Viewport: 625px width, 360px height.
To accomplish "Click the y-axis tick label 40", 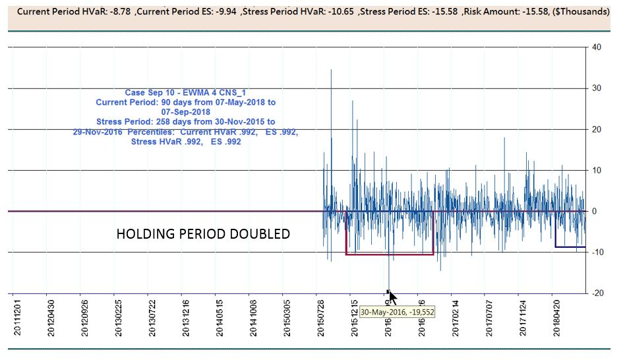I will [x=596, y=47].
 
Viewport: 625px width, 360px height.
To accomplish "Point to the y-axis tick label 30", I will [x=596, y=88].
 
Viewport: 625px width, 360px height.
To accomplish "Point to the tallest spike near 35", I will [x=331, y=71].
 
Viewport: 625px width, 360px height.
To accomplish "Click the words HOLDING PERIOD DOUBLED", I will [x=203, y=234].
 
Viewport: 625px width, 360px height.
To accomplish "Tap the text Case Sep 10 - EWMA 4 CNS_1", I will [x=185, y=93].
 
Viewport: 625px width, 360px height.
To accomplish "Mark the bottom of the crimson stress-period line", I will [x=389, y=255].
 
